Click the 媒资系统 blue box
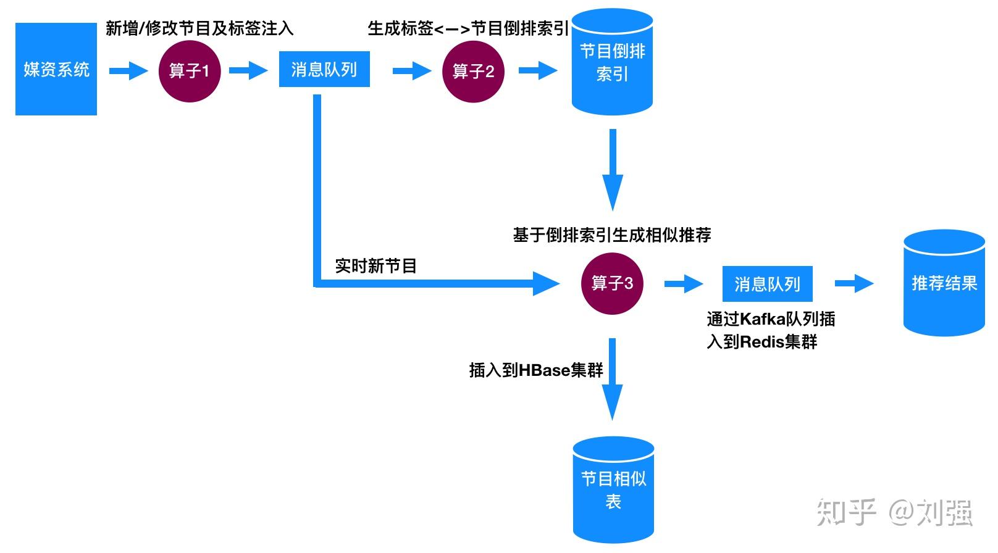[x=56, y=69]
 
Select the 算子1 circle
[x=190, y=71]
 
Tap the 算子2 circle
[x=473, y=71]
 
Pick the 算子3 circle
[x=612, y=284]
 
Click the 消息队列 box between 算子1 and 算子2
[x=324, y=69]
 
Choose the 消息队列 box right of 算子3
[x=767, y=284]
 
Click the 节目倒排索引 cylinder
[x=612, y=62]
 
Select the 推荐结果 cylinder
[x=944, y=283]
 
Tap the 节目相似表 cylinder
[x=613, y=490]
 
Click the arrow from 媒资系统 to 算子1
[x=128, y=70]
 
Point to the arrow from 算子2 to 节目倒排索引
[x=538, y=70]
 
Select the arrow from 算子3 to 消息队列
[x=684, y=284]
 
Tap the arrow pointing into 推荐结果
[x=854, y=283]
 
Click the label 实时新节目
[x=375, y=266]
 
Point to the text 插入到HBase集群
[x=536, y=370]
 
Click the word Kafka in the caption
[x=762, y=319]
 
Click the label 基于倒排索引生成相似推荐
[x=612, y=235]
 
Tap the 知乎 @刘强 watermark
[x=894, y=512]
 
